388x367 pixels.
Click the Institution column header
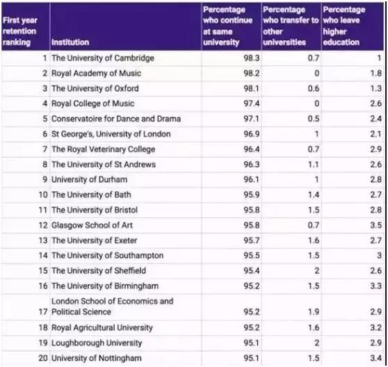click(x=70, y=42)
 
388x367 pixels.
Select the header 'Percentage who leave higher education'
click(x=344, y=26)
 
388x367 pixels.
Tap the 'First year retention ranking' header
click(x=20, y=31)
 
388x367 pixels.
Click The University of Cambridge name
click(x=103, y=58)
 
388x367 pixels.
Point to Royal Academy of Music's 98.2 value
click(x=252, y=74)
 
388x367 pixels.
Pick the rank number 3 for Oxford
click(x=45, y=88)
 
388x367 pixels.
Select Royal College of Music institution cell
click(x=92, y=104)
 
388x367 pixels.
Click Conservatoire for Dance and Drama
click(x=116, y=119)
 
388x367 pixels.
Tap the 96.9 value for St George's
click(x=252, y=134)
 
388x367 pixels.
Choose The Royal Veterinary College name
click(x=103, y=149)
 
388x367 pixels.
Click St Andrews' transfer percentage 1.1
click(x=314, y=165)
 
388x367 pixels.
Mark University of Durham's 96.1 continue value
click(x=252, y=179)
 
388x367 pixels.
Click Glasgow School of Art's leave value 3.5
click(x=376, y=225)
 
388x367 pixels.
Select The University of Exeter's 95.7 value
click(x=252, y=240)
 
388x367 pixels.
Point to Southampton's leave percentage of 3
click(x=379, y=256)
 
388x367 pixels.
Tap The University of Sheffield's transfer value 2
click(x=317, y=271)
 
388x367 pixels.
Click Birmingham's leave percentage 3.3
click(x=376, y=286)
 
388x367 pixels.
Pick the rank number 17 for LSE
click(x=43, y=312)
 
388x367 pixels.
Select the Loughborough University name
click(x=97, y=343)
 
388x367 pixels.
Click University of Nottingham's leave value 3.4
click(x=376, y=358)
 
